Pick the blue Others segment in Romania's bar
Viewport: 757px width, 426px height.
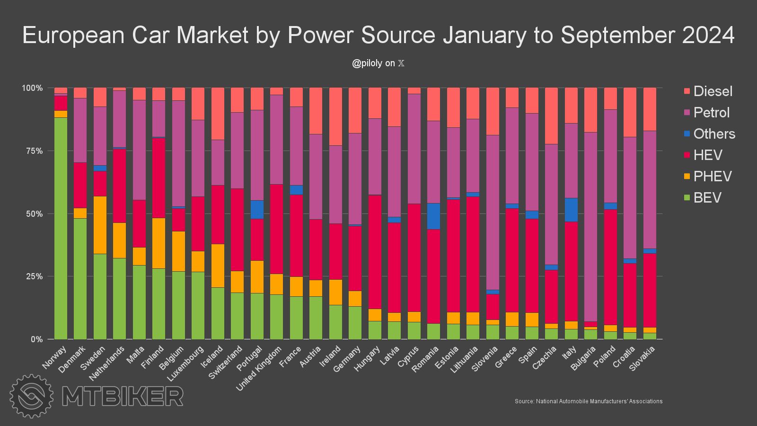434,216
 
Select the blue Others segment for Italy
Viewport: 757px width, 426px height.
571,210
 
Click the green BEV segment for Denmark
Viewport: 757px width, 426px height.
80,279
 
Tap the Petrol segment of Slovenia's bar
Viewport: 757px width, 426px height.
493,213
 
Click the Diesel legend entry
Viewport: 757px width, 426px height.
713,91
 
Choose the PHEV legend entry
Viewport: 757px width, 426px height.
712,177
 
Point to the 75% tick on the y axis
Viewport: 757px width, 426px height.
33,151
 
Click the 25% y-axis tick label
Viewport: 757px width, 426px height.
33,276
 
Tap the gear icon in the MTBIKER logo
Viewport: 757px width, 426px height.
32,396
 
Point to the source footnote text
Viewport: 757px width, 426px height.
589,401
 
